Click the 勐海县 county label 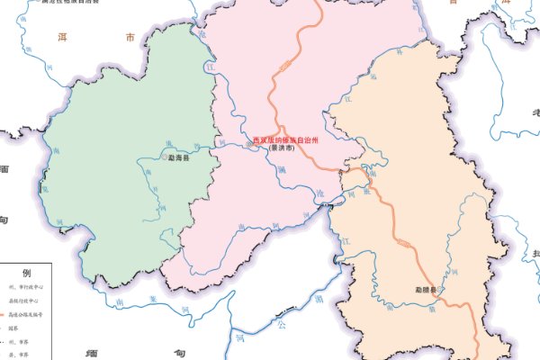pos(181,157)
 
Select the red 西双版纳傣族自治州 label pos(287,140)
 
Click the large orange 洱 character pos(63,38)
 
